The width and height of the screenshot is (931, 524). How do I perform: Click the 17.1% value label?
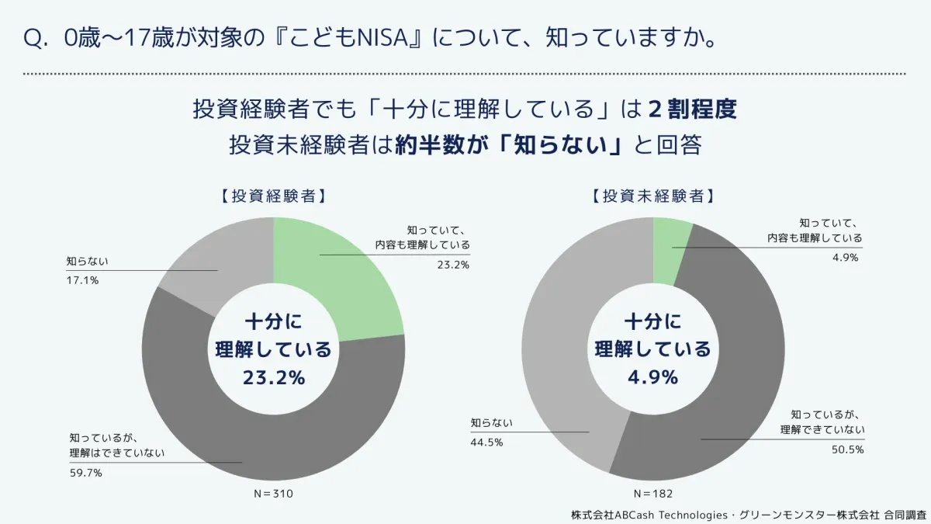coord(82,280)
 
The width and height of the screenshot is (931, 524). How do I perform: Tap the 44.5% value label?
coord(486,442)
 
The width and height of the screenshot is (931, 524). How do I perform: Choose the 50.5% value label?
coord(848,449)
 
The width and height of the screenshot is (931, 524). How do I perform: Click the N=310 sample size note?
coord(273,493)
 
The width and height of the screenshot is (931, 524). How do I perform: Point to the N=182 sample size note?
coord(652,493)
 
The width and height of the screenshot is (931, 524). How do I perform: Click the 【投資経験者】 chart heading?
coord(268,196)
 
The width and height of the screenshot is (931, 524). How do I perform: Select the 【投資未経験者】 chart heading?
coord(652,196)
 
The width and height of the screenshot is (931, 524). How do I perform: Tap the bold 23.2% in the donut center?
coord(273,377)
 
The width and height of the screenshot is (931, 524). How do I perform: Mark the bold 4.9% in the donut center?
coord(652,377)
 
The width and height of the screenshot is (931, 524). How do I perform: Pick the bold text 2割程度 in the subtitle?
coord(691,109)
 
